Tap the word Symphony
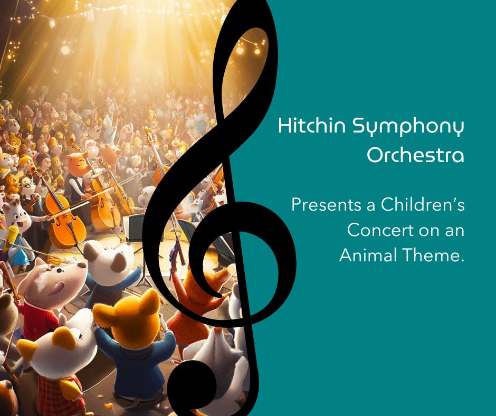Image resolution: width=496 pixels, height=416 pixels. tap(408, 127)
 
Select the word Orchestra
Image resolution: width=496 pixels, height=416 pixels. tap(415, 155)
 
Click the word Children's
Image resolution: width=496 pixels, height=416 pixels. tap(422, 204)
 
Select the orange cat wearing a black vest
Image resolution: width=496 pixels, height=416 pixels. tap(77, 177)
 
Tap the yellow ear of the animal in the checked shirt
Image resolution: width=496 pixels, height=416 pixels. tap(64, 338)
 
